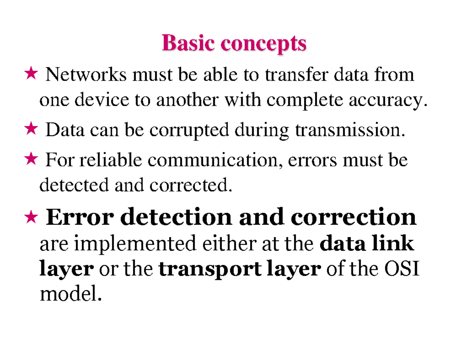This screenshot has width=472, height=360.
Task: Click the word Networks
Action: pos(86,75)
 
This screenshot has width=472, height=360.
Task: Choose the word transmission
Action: pos(349,130)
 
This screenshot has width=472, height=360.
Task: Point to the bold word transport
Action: pos(209,270)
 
